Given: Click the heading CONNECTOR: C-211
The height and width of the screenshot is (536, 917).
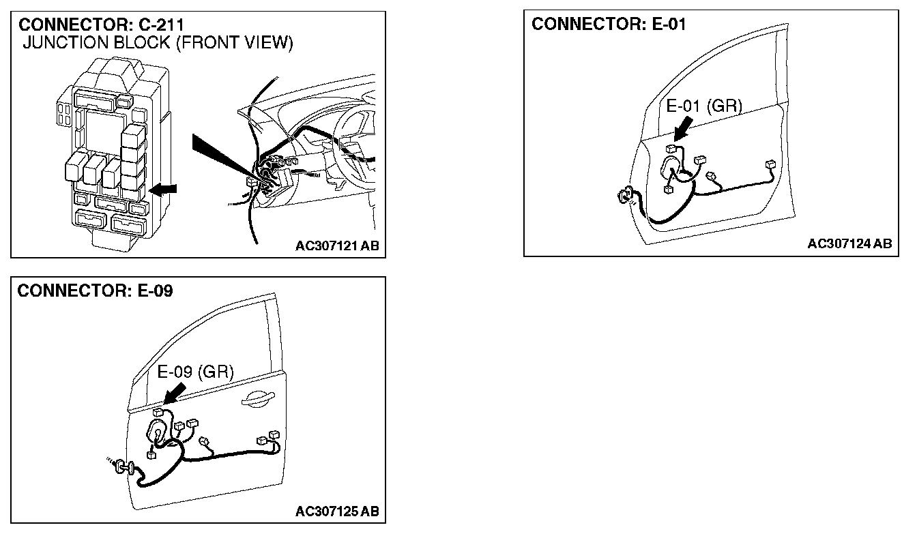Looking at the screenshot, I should click(102, 25).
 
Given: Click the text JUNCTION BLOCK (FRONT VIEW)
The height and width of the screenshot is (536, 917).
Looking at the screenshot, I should click(158, 44).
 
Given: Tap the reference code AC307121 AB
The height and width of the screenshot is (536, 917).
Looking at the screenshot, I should click(337, 246).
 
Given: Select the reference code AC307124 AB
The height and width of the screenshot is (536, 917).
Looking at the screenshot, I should click(849, 243).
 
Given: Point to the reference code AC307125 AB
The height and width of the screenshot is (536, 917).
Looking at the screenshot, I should click(337, 511).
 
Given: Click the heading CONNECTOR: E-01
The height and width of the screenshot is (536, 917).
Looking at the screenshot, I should click(609, 24).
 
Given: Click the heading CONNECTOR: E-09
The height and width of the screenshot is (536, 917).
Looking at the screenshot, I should click(95, 291).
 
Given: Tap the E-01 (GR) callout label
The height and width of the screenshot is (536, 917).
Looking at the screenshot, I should click(703, 106).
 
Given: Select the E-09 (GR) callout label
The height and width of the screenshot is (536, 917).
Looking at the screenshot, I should click(196, 372).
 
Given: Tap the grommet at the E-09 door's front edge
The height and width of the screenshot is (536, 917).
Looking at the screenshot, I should click(123, 466).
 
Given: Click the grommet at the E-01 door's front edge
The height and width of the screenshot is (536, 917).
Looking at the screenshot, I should click(624, 197).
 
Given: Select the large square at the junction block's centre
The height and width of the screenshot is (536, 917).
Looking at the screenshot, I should click(102, 129).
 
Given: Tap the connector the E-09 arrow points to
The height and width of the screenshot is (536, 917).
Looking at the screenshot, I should click(158, 413).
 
